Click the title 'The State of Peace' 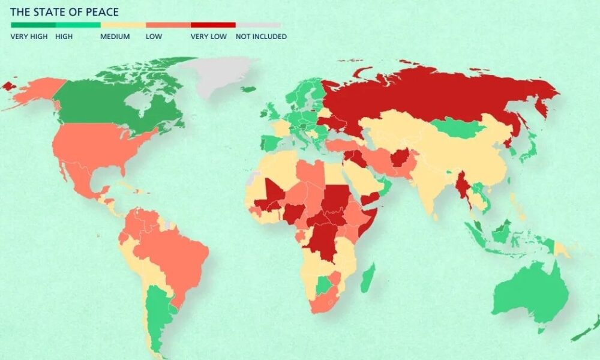[x=64, y=12]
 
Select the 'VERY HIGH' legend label [x=28, y=37]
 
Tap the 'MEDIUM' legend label [x=115, y=37]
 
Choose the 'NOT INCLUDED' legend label [x=261, y=37]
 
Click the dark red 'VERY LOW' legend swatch [x=213, y=25]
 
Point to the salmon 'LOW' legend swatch [x=168, y=25]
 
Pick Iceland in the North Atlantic [x=248, y=90]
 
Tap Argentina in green [x=157, y=312]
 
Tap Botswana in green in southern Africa [x=325, y=284]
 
